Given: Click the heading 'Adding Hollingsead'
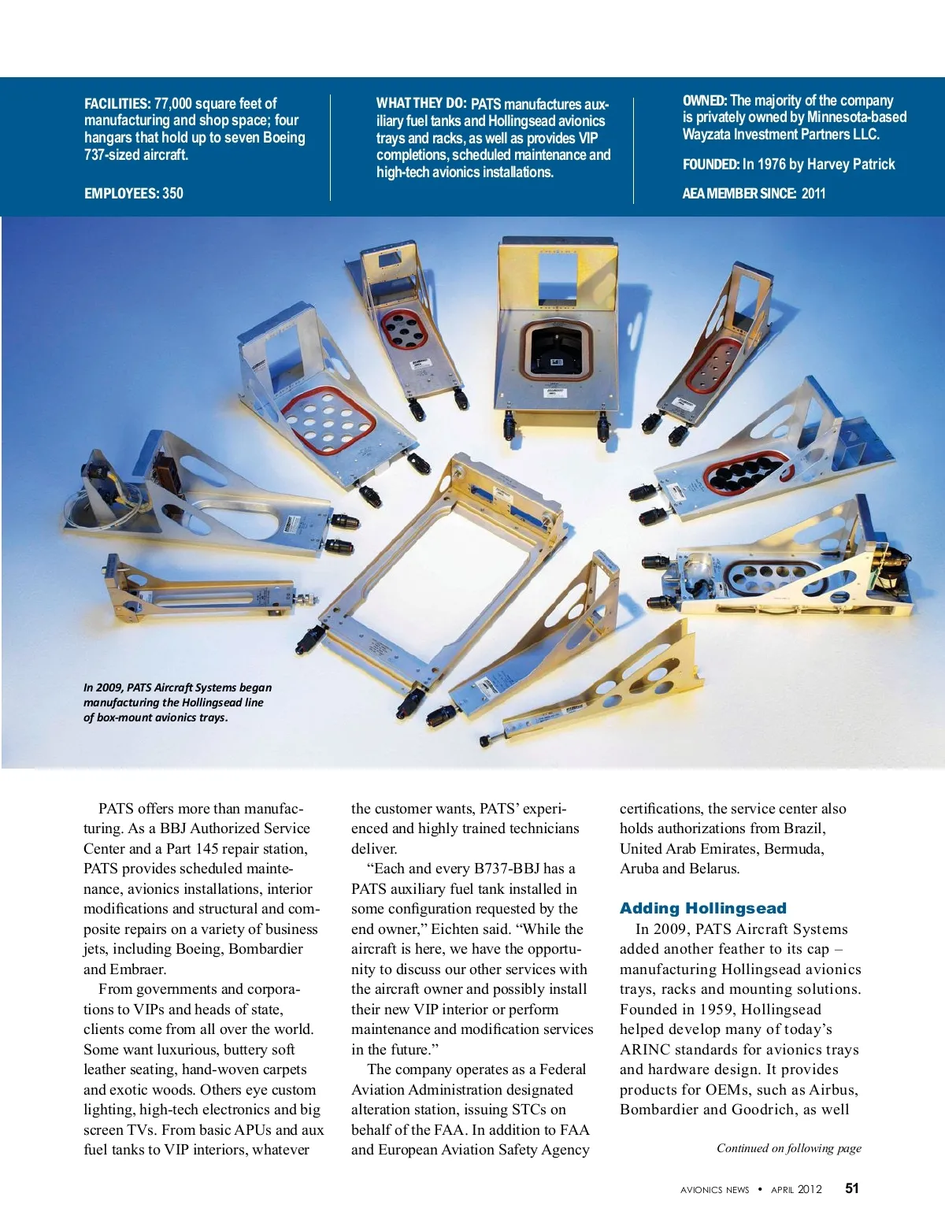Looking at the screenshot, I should pyautogui.click(x=702, y=908).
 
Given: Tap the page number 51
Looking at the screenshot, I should pyautogui.click(x=852, y=1188).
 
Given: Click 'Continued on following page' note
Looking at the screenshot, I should pyautogui.click(x=788, y=1148).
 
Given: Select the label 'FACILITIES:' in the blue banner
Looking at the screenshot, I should pyautogui.click(x=117, y=103).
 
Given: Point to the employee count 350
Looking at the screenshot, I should pyautogui.click(x=172, y=193).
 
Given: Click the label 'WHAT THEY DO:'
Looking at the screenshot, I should pyautogui.click(x=421, y=103).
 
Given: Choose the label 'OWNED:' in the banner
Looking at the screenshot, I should pyautogui.click(x=704, y=101).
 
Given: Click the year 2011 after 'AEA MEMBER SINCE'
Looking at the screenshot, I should pyautogui.click(x=813, y=193).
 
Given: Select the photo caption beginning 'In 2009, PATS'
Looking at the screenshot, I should pyautogui.click(x=177, y=702).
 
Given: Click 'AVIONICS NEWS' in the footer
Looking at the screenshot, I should pyautogui.click(x=714, y=1190).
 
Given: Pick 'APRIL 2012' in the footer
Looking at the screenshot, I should pyautogui.click(x=796, y=1190).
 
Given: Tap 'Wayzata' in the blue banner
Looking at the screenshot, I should pyautogui.click(x=706, y=135).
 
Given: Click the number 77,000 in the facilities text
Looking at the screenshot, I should pyautogui.click(x=172, y=103).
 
